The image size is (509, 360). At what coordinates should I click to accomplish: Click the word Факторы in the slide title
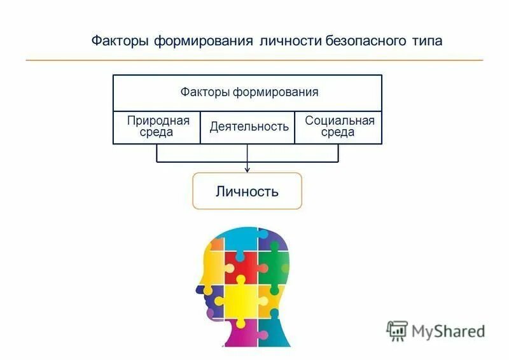click(x=120, y=41)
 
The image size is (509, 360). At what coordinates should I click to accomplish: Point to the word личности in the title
click(x=290, y=41)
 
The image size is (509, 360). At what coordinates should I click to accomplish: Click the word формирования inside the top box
click(x=275, y=92)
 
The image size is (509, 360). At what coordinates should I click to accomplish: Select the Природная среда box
click(x=157, y=127)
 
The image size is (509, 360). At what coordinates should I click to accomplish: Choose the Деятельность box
click(x=249, y=127)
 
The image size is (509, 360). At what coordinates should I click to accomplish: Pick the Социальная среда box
click(x=338, y=127)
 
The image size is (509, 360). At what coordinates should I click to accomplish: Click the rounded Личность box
click(x=247, y=191)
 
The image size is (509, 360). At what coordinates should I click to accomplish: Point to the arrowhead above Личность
click(x=248, y=169)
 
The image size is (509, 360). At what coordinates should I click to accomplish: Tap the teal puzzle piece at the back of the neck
click(x=274, y=331)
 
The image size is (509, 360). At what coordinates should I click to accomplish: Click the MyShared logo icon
click(x=398, y=329)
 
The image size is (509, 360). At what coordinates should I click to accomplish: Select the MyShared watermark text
click(x=448, y=331)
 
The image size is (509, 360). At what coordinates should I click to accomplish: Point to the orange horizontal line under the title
click(x=254, y=60)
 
